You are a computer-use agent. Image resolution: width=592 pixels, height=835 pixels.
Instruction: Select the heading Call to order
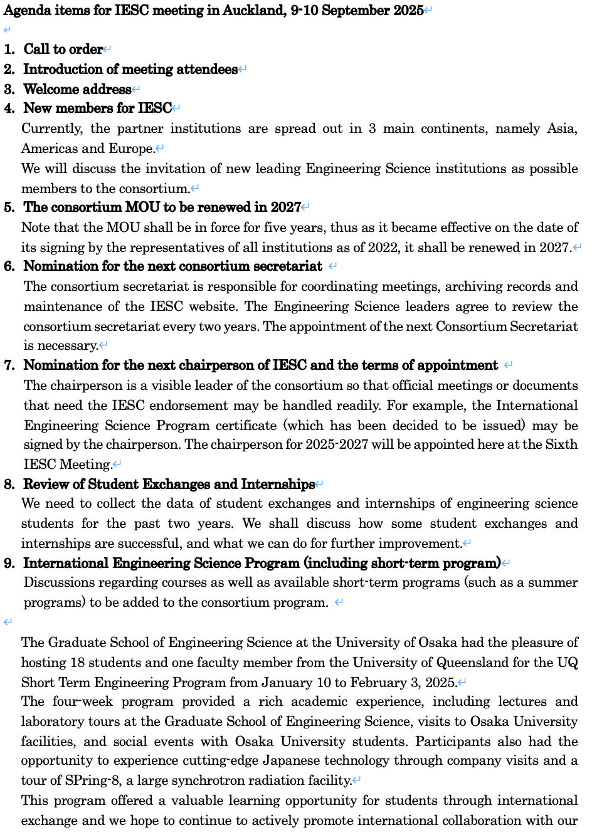63,50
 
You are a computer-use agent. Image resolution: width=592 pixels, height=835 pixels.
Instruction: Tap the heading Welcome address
77,89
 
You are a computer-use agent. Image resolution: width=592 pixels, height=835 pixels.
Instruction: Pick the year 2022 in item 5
383,248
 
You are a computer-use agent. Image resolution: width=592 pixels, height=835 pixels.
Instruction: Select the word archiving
467,286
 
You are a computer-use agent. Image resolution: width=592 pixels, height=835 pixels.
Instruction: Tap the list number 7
9,365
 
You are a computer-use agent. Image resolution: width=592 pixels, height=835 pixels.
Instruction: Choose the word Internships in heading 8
278,485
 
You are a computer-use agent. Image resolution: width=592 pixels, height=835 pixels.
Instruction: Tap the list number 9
9,564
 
